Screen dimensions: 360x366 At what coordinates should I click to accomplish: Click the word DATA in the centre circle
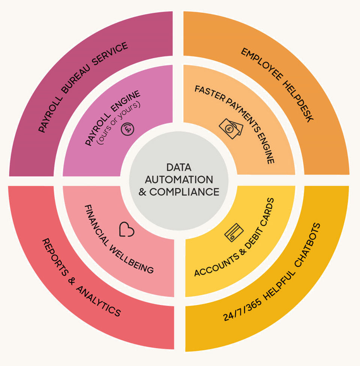tap(179, 167)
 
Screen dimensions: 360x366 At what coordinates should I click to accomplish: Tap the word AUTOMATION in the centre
tap(179, 180)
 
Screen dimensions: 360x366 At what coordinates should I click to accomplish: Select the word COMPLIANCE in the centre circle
tap(184, 192)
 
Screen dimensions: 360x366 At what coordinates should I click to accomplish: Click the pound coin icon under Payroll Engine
tap(127, 129)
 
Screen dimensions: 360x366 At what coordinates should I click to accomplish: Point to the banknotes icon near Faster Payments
tap(231, 128)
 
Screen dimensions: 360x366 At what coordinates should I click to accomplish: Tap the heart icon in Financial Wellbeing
tap(127, 229)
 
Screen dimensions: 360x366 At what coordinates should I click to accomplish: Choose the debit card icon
tap(234, 233)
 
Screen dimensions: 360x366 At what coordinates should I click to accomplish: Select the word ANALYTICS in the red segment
tap(98, 301)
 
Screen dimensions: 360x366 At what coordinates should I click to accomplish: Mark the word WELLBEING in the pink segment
tap(131, 259)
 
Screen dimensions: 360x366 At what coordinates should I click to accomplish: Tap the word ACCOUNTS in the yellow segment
tap(217, 265)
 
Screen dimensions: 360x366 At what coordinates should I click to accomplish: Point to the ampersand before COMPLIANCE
tap(142, 192)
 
